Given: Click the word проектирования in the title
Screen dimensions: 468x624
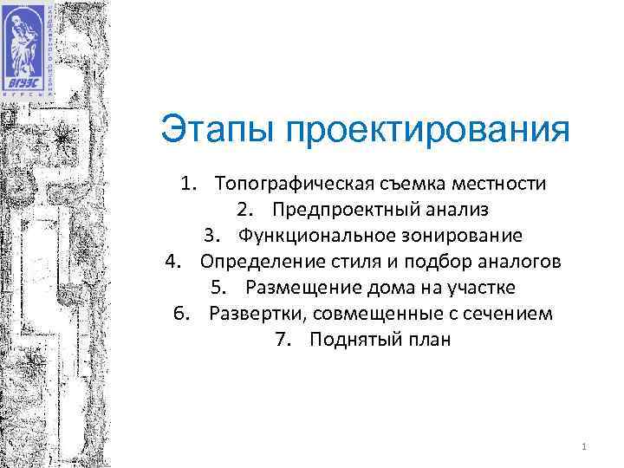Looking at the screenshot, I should (426, 132).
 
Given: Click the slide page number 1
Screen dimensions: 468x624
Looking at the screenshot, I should (586, 447).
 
